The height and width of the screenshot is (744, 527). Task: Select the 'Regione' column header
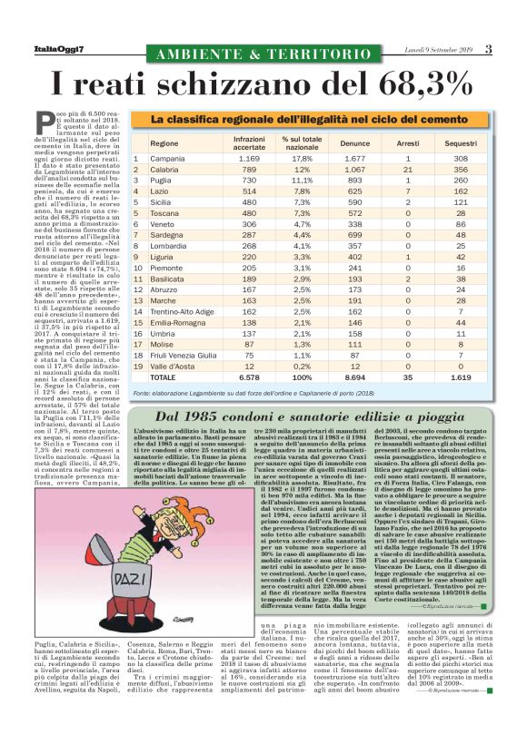coord(164,143)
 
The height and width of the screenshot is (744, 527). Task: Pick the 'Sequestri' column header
coord(462,143)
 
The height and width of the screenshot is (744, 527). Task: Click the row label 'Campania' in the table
coord(167,159)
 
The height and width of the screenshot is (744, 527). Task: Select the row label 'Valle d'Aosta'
coord(172,365)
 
